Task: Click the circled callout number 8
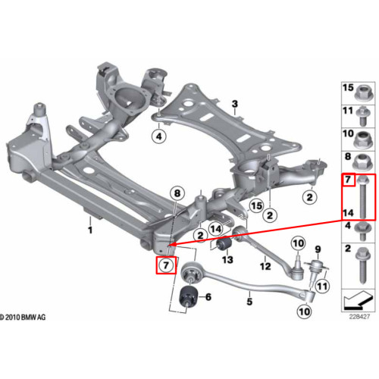(x=177, y=193)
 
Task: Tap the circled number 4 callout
(x=158, y=136)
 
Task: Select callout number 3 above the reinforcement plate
(x=235, y=104)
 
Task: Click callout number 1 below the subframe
(x=90, y=230)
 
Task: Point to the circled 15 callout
(x=256, y=205)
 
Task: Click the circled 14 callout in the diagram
(x=216, y=229)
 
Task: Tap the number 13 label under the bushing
(x=227, y=259)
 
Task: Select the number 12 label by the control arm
(x=265, y=266)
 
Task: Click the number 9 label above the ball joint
(x=318, y=249)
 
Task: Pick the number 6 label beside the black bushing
(x=208, y=297)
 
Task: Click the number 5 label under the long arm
(x=249, y=301)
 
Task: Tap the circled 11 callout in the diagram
(x=322, y=287)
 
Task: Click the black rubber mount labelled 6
(x=188, y=296)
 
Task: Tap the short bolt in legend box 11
(x=363, y=116)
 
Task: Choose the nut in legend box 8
(x=362, y=161)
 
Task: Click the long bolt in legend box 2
(x=363, y=265)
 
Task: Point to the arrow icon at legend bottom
(x=359, y=301)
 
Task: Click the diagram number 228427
(x=359, y=316)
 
